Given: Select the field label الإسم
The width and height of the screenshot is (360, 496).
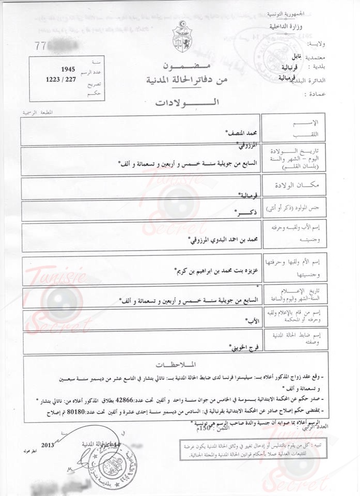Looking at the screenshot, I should pyautogui.click(x=313, y=122).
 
